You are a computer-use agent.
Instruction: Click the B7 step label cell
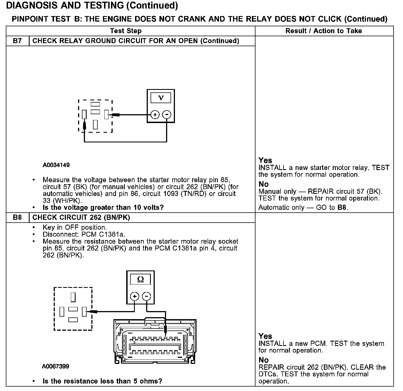pos(17,41)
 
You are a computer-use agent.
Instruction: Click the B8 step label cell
pos(17,217)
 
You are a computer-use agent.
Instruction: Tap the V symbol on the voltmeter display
pos(161,98)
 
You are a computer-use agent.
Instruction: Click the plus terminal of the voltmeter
pos(155,114)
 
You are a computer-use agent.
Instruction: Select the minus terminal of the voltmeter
pos(167,114)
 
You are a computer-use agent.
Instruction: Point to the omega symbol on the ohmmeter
pos(140,280)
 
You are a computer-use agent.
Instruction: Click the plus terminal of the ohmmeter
pos(135,296)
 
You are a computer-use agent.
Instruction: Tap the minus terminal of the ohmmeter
pos(146,296)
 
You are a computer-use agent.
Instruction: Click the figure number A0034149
pos(56,165)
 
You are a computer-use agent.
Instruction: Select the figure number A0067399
pos(56,366)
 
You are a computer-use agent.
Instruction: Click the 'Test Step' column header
pos(126,31)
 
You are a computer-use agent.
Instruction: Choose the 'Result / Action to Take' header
pos(324,31)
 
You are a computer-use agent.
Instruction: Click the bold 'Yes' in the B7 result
pos(265,160)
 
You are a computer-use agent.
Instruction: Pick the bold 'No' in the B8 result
pos(263,360)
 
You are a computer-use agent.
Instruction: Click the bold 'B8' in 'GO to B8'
pos(342,207)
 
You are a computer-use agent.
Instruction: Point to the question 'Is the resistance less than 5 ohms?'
pos(102,381)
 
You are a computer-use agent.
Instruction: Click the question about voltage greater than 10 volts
pos(103,207)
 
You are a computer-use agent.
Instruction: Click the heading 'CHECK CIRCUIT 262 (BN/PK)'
pos(81,217)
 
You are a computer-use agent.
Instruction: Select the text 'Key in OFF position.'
pos(74,228)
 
